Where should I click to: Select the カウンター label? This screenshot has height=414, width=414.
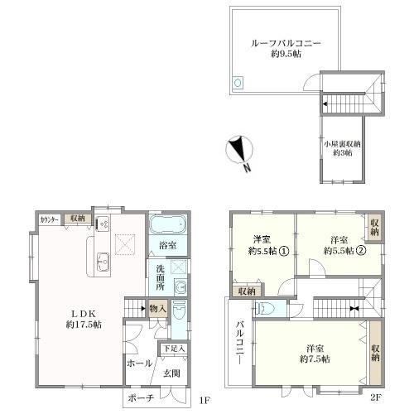[49, 219]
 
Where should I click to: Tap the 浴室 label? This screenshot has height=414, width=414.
[168, 245]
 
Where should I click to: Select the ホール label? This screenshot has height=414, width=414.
[139, 363]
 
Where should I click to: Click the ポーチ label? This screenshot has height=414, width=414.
[142, 399]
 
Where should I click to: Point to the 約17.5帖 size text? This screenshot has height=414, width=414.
[84, 325]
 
